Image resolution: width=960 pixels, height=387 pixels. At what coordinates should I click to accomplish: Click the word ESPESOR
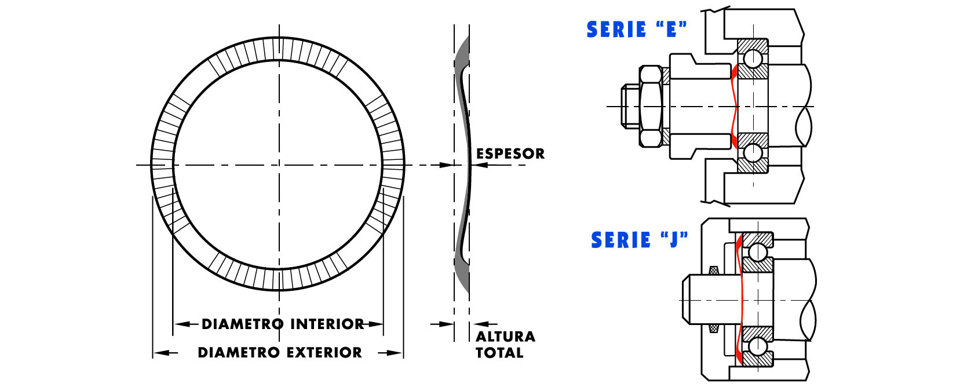coord(510,154)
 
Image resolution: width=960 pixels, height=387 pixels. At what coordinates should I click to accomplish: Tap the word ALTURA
coord(505,337)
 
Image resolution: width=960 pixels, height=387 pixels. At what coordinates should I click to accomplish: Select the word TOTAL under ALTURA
coord(499,353)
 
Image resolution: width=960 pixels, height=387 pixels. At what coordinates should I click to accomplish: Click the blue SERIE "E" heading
coord(636,30)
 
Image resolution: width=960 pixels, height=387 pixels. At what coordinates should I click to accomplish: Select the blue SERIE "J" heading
coord(639,240)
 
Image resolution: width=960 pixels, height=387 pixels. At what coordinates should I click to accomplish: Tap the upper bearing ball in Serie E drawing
coord(753,59)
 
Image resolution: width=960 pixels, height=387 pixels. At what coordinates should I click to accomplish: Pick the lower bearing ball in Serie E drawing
coord(753,152)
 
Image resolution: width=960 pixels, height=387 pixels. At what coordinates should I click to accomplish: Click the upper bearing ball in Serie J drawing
coord(758,252)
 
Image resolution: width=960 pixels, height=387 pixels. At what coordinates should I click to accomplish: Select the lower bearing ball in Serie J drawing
coord(758,345)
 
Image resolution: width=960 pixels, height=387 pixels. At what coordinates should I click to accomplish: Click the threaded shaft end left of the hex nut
coord(629,106)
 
